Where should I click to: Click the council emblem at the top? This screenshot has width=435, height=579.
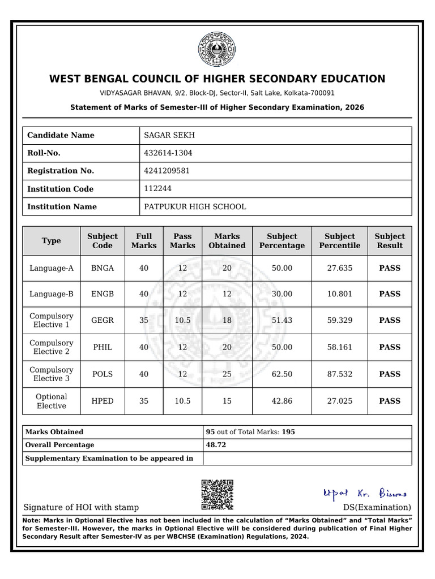[x=217, y=50]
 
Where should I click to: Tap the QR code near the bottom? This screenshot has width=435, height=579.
[x=217, y=495]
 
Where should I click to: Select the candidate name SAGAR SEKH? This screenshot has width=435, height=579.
[x=169, y=135]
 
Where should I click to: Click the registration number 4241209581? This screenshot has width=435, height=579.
[x=167, y=171]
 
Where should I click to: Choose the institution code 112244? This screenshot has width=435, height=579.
[x=158, y=188]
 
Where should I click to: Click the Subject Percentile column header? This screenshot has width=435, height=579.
[x=339, y=241]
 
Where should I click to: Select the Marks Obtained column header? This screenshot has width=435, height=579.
[x=227, y=241]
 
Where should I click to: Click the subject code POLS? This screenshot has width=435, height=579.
[x=103, y=374]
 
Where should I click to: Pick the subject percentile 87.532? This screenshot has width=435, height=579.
[x=339, y=374]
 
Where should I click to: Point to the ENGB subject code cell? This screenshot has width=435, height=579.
[x=103, y=293]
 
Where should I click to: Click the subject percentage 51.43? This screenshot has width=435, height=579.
[x=282, y=320]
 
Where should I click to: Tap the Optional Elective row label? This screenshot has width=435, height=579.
[x=52, y=401]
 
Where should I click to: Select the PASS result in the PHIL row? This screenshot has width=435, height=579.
[x=390, y=347]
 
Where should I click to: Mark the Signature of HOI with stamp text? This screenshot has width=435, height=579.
[x=81, y=507]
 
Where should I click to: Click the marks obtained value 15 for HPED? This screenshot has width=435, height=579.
[x=227, y=401]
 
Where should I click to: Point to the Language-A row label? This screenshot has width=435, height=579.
[x=52, y=268]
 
